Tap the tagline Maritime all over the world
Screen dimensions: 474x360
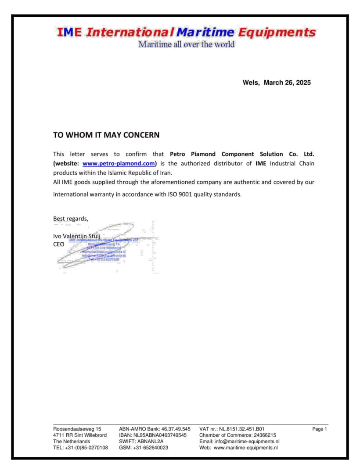point(187,44)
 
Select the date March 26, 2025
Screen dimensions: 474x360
point(287,83)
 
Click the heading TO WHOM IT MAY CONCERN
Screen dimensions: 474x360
point(106,135)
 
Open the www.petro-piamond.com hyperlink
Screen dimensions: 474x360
point(119,164)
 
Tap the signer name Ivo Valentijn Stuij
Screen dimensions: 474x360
point(77,236)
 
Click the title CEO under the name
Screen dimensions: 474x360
point(59,244)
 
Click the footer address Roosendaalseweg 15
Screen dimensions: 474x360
point(77,429)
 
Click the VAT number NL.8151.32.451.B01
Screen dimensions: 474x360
point(242,429)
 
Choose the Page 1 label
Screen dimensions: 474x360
point(320,429)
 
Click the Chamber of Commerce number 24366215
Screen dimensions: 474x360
point(259,435)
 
